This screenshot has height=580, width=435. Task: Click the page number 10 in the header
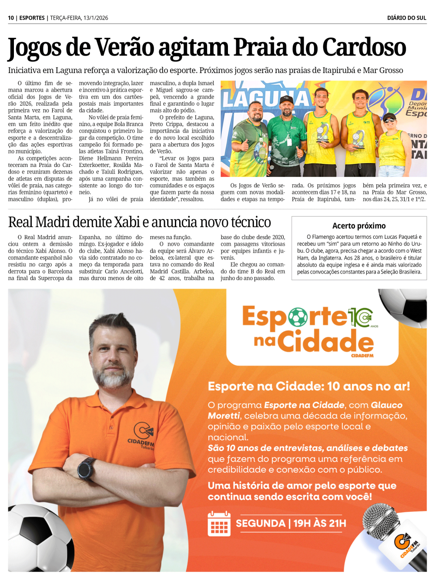click(10, 18)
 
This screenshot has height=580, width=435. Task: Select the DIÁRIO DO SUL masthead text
click(406, 18)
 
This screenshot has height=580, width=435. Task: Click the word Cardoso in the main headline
click(364, 48)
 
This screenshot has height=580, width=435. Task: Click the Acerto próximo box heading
click(359, 226)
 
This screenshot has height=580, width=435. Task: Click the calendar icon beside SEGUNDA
click(219, 523)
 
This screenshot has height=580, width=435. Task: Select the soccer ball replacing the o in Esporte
click(298, 317)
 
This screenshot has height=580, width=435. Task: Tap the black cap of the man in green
click(286, 100)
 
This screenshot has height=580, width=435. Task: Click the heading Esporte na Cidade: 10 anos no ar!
click(308, 386)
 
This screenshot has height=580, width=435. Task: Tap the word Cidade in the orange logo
click(325, 342)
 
